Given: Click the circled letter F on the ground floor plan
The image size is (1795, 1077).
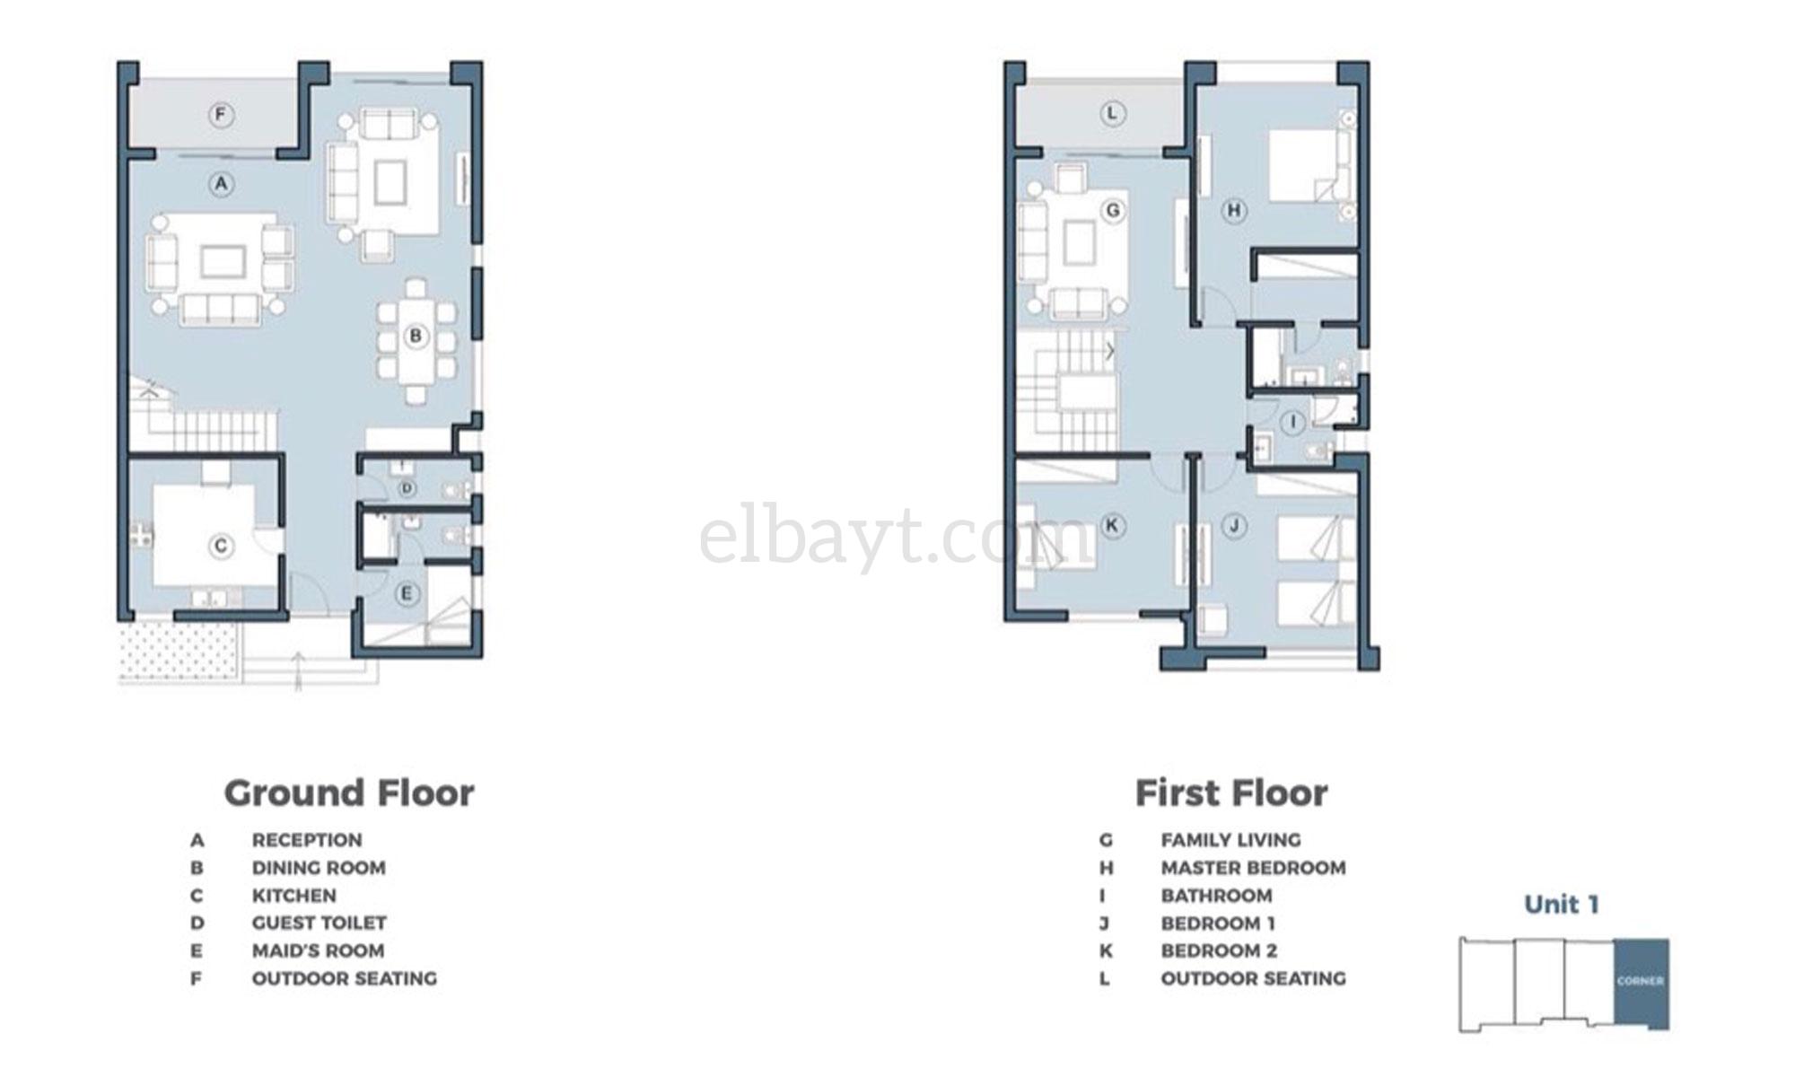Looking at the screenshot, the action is pos(221,115).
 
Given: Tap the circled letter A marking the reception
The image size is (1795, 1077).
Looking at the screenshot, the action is pos(221,185).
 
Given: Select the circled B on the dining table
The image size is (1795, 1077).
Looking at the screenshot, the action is pos(416,337).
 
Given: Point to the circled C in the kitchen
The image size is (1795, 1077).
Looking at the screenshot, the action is pos(221,546).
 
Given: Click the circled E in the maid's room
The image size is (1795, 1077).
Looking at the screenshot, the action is pos(407,593).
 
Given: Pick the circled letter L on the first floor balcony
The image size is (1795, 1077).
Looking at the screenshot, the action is pos(1113,114).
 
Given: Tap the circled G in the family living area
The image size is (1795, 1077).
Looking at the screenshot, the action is pos(1113,211).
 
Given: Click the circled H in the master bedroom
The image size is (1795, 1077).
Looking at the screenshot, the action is pos(1234,211).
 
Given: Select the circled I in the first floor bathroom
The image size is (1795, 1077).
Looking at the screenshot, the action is pos(1293,423).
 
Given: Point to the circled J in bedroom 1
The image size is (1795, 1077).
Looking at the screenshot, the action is pos(1234,526).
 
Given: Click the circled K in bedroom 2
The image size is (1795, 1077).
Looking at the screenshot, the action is pos(1113,526).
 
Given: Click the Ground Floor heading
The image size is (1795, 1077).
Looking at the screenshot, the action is pos(349,793).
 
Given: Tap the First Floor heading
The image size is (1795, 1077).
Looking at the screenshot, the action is pos(1231,793).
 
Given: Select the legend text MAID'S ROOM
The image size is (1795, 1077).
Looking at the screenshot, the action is pos(318,950).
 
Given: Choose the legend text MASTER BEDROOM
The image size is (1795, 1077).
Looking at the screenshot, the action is pos(1253,868).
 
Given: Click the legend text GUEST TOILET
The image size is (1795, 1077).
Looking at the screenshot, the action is pos(319,923).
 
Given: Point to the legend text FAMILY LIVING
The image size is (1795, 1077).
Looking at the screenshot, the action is pos(1230,840).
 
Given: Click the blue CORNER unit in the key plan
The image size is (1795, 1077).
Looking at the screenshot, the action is pos(1642,983).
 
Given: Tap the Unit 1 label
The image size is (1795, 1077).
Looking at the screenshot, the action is pos(1562,904).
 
